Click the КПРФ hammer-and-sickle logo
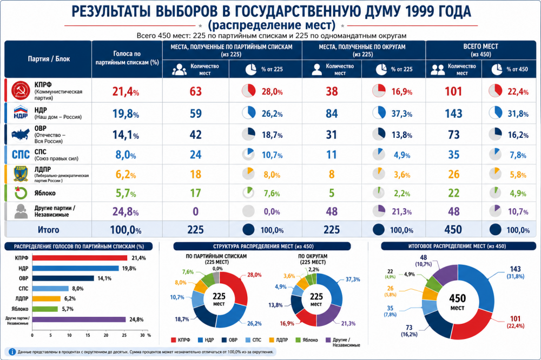[x=21, y=91]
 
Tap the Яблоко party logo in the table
[x=21, y=193]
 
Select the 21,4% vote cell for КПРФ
[x=126, y=91]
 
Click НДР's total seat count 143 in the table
[x=453, y=114]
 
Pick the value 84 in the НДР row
[x=332, y=114]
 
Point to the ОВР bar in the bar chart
[x=63, y=278]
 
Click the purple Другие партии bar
[x=79, y=319]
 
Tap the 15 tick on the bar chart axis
[x=88, y=335]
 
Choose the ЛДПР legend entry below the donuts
[x=279, y=340]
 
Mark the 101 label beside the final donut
[x=515, y=318]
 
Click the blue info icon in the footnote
[x=12, y=352]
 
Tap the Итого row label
[x=48, y=230]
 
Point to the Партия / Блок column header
[x=49, y=59]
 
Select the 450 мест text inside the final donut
[x=458, y=302]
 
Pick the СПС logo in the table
[x=21, y=155]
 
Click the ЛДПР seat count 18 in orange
[x=196, y=175]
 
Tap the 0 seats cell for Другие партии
[x=196, y=211]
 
